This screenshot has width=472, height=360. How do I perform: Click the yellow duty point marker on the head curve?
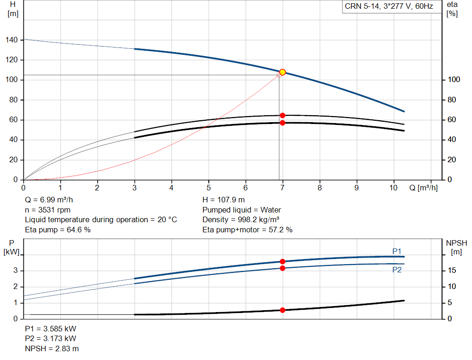point(283,72)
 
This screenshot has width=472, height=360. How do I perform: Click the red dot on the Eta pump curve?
point(283,115)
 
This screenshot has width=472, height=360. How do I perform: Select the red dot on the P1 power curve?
point(283,261)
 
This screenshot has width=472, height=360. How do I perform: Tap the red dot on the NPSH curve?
point(283,310)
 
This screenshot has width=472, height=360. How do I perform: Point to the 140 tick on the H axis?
point(12,40)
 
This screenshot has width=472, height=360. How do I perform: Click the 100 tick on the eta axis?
point(452,80)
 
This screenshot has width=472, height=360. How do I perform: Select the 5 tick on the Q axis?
point(208,188)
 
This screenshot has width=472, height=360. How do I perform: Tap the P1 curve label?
point(396,251)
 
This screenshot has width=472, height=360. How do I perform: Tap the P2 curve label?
point(396,270)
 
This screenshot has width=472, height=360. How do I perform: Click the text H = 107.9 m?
point(224,200)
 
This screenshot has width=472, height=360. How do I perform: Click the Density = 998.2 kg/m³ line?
point(241,219)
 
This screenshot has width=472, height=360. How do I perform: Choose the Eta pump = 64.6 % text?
point(58,230)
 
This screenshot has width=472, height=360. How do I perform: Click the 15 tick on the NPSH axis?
point(453,271)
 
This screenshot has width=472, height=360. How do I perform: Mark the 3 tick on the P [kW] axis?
point(15,271)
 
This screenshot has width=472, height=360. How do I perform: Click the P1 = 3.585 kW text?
point(51,329)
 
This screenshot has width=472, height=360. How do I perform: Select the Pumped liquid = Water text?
point(242,210)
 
